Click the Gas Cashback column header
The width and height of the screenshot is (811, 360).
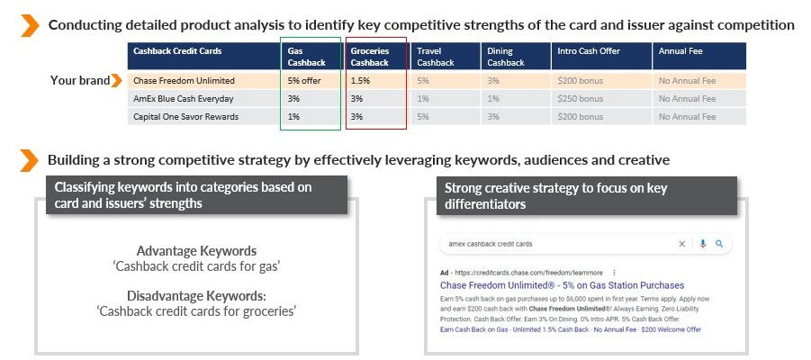tap(307, 57)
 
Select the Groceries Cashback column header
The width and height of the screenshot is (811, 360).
tap(370, 57)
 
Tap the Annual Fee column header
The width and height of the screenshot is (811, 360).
tap(680, 51)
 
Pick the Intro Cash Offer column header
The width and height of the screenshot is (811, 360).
tap(589, 51)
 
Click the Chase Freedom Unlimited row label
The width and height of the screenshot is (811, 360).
tap(184, 81)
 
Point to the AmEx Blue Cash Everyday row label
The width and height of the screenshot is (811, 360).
tap(183, 99)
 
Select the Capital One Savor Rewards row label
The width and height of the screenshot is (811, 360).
tap(185, 117)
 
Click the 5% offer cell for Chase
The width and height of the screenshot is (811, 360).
tap(304, 81)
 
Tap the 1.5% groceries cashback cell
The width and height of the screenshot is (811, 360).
tap(360, 81)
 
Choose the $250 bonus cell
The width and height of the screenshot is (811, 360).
tap(581, 99)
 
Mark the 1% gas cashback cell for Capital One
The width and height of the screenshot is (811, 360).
tap(293, 117)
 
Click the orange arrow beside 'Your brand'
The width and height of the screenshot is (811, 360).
tap(116, 81)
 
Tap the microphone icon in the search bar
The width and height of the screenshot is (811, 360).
tap(702, 244)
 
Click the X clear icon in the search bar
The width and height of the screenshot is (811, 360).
tap(681, 244)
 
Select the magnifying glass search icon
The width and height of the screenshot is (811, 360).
tap(719, 244)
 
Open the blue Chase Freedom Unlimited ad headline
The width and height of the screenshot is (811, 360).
tap(563, 285)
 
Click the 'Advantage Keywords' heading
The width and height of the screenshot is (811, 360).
tap(196, 251)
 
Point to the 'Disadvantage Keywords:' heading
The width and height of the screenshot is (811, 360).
tap(196, 296)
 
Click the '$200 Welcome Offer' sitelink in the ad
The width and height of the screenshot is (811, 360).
tap(671, 329)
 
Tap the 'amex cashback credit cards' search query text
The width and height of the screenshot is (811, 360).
tap(491, 244)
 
